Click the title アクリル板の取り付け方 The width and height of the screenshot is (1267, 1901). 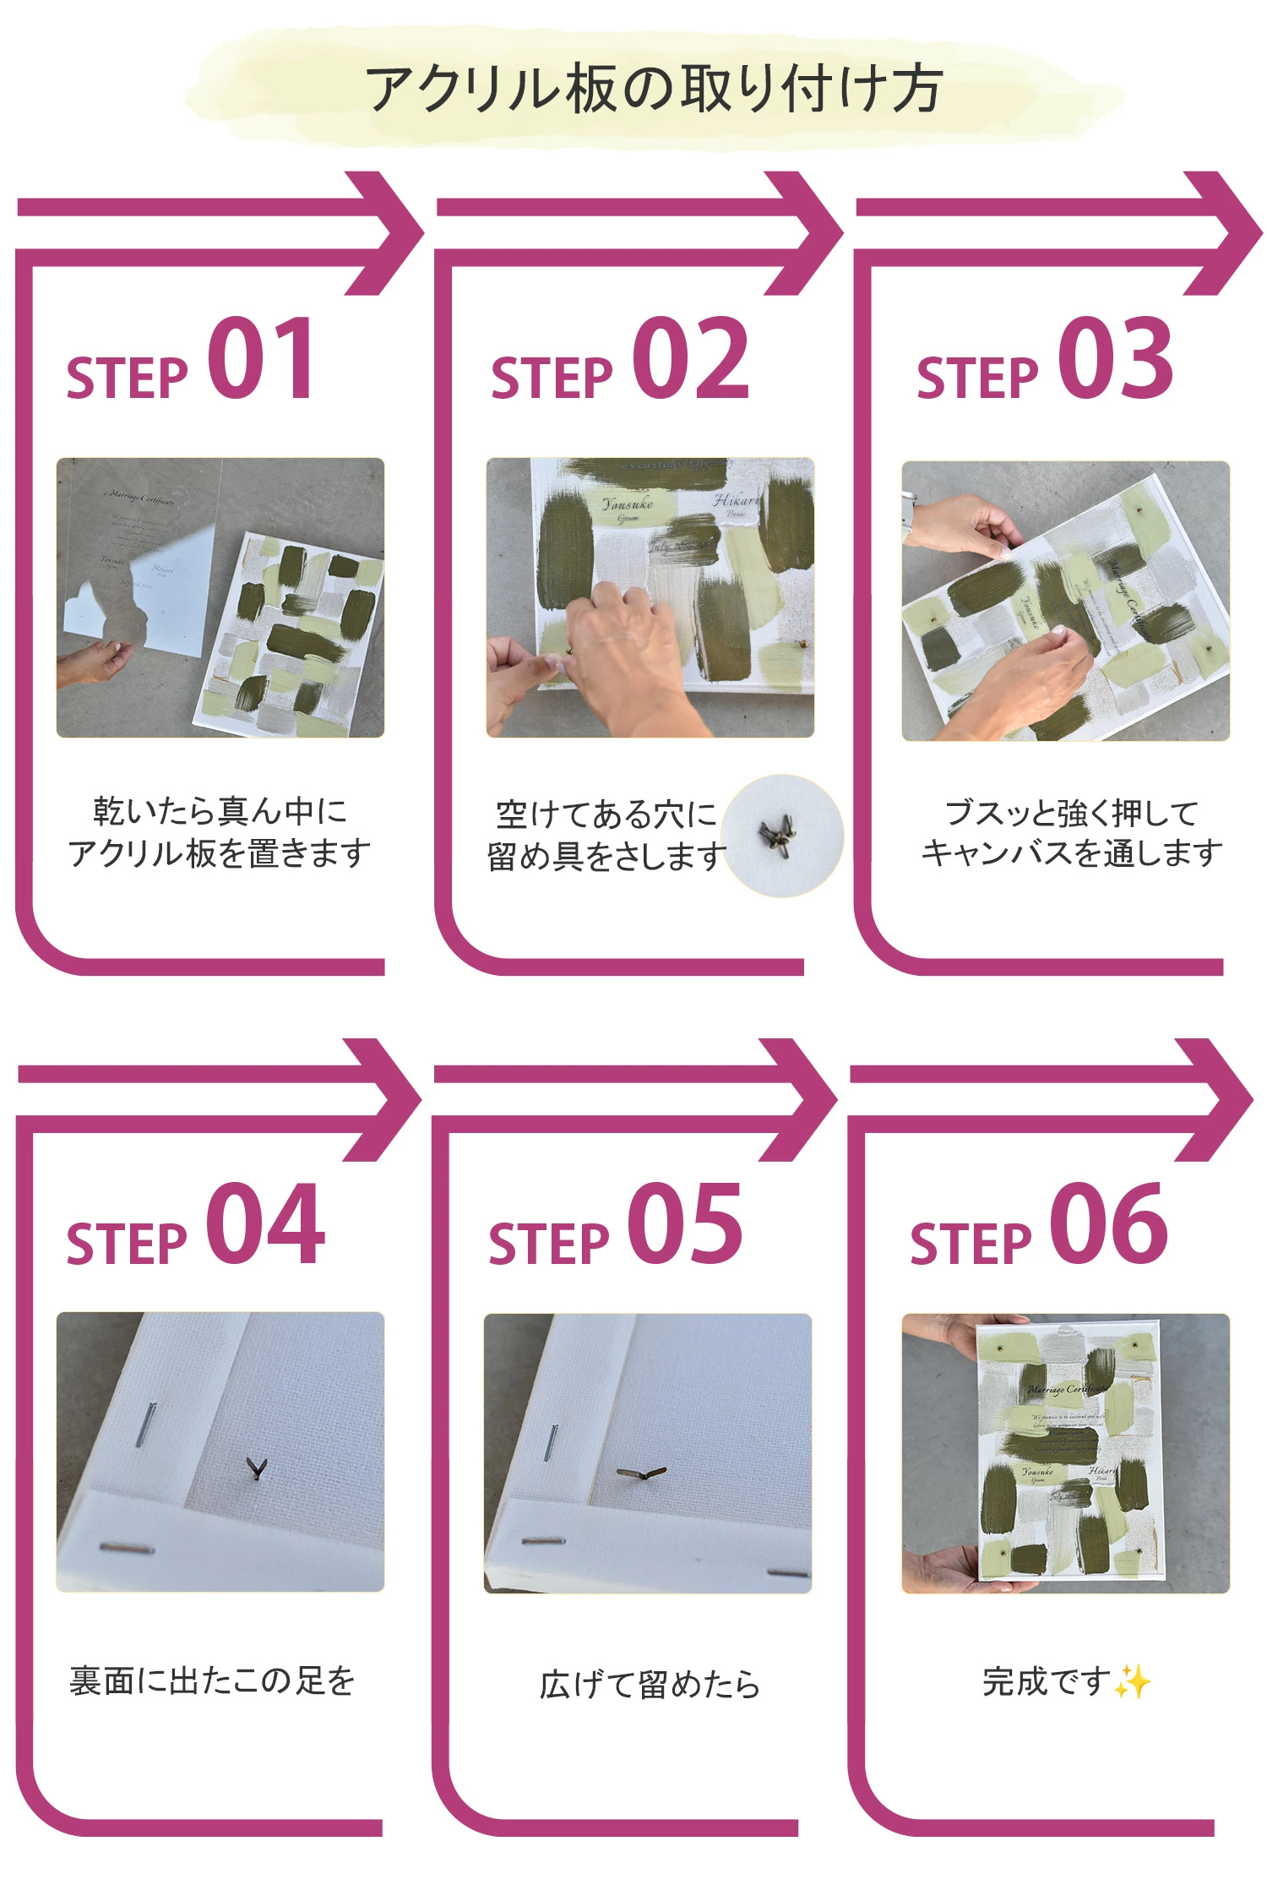click(654, 89)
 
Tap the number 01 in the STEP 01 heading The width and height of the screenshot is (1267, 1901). click(261, 359)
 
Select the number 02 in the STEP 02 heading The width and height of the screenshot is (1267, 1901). click(690, 359)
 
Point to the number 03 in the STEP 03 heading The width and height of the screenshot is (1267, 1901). click(1115, 359)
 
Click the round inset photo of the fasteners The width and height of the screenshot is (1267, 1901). click(782, 835)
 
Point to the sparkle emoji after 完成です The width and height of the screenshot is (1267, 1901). click(1132, 1681)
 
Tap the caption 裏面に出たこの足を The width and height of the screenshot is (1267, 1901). click(212, 1681)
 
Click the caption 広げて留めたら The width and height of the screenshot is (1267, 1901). click(649, 1685)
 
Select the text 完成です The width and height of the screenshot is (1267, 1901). click(1046, 1681)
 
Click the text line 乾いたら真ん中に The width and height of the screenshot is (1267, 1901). click(220, 811)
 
